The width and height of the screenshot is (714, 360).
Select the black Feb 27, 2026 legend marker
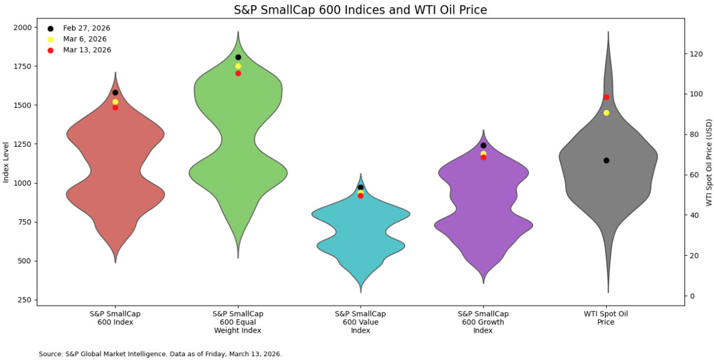(x=50, y=28)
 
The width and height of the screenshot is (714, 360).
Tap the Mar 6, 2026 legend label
(x=85, y=39)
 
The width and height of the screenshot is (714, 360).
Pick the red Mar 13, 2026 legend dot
(x=50, y=50)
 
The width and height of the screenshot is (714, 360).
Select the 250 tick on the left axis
(x=25, y=300)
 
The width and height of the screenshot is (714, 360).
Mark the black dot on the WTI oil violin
(x=606, y=160)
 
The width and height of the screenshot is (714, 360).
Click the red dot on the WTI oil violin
(x=606, y=97)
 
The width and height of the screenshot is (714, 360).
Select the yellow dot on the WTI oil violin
(x=606, y=113)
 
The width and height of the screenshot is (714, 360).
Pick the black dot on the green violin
(x=238, y=57)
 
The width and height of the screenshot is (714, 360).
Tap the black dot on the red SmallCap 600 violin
(x=115, y=93)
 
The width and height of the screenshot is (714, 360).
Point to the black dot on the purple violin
(x=484, y=145)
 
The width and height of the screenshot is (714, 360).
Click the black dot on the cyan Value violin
(x=361, y=188)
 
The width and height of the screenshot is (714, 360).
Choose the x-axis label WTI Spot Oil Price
(x=606, y=318)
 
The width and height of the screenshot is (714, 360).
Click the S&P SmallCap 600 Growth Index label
(x=483, y=322)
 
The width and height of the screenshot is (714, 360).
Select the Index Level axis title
(x=6, y=162)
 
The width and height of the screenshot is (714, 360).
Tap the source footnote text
(x=160, y=354)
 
